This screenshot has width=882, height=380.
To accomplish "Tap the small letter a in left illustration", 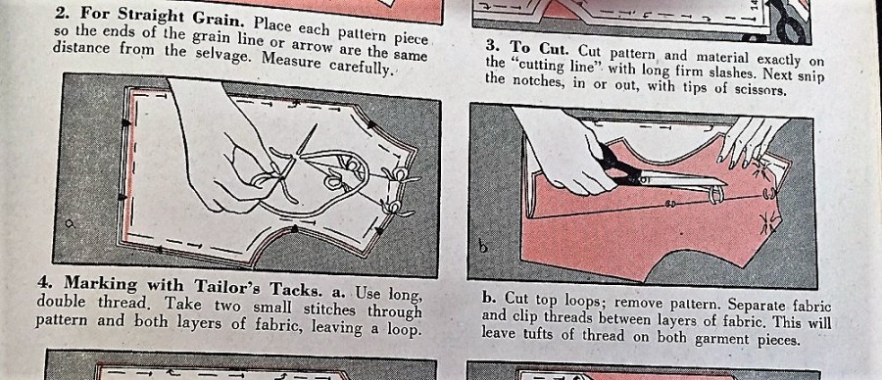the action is click(71, 223).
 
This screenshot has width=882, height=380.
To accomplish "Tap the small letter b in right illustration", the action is click(482, 245).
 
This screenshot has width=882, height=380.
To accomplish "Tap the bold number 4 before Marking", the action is click(43, 280).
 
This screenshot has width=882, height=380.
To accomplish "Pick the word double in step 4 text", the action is click(59, 301).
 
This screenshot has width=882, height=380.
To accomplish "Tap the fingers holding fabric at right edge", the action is click(748, 140).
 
